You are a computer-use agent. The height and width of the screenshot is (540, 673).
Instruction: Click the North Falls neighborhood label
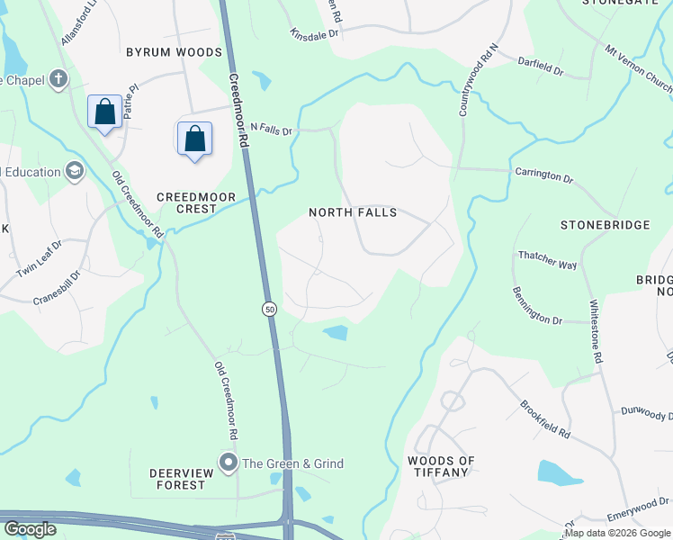[352, 213]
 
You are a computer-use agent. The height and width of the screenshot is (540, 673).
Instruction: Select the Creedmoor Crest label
[196, 202]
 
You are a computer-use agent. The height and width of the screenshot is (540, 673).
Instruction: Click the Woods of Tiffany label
[440, 466]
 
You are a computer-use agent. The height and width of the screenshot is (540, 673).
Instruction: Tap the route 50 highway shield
[269, 310]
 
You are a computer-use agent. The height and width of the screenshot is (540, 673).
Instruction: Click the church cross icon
[59, 79]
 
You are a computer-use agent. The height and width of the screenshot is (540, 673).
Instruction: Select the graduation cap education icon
[75, 171]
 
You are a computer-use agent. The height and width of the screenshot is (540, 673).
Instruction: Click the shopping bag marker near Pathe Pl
[105, 112]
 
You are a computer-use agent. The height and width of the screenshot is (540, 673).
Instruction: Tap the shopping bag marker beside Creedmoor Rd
[194, 139]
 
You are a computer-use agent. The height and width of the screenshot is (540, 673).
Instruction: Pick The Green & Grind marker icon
[229, 463]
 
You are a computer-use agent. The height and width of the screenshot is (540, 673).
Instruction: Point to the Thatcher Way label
[547, 260]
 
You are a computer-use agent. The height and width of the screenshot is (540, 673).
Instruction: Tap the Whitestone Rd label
[596, 331]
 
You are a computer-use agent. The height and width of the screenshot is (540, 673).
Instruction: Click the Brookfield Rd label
[544, 419]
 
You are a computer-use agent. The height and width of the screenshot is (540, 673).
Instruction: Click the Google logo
[30, 529]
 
